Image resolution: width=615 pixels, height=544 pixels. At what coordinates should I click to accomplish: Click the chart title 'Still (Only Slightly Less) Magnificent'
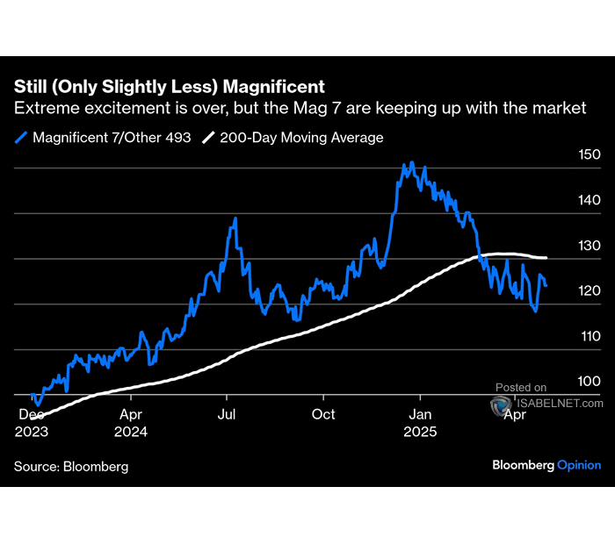click(x=169, y=87)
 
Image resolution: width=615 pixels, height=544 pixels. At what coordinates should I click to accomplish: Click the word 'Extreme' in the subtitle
click(x=44, y=109)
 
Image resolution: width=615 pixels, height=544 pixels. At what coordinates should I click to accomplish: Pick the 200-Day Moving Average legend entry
click(x=293, y=138)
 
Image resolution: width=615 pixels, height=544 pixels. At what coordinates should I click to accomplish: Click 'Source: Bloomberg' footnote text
click(x=71, y=467)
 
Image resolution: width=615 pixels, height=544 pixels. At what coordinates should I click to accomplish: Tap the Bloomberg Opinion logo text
click(x=546, y=466)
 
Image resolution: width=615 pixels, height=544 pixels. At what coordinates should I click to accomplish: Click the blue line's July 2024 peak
click(x=235, y=218)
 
